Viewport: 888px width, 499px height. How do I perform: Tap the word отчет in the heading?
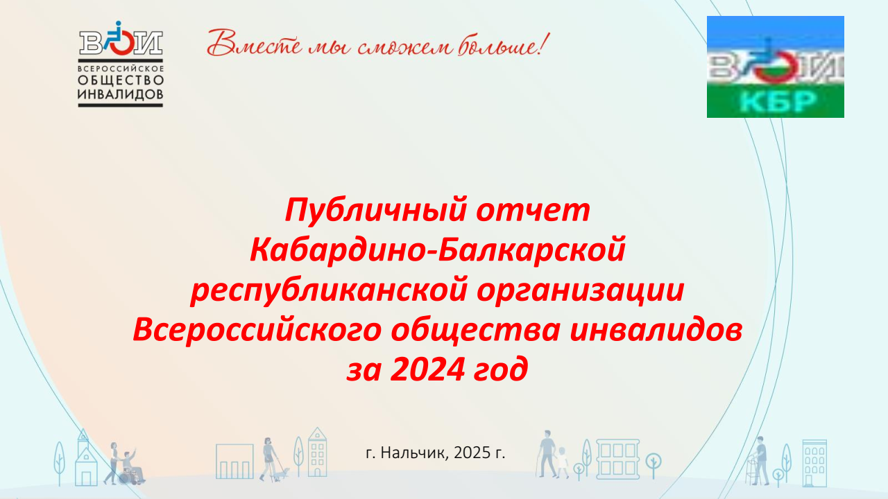pos(533,211)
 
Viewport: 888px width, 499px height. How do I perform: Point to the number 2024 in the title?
pos(427,369)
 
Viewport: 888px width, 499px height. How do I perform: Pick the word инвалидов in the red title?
pos(656,330)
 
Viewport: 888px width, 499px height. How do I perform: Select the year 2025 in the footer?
pos(472,453)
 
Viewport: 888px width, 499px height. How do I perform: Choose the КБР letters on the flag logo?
pos(776,102)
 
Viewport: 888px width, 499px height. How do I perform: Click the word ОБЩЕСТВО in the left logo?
pos(121,80)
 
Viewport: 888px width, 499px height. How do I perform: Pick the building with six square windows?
pos(617,459)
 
